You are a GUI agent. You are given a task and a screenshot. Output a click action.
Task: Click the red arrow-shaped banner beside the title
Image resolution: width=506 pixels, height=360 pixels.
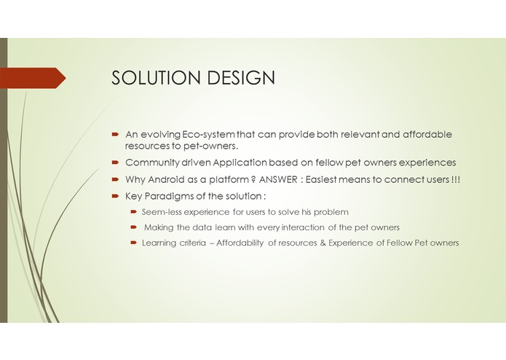coord(33,78)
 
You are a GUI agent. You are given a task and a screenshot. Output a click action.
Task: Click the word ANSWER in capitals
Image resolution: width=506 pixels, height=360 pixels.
coord(285,179)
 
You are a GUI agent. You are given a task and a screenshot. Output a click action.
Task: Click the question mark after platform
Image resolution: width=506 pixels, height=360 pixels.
coord(252,179)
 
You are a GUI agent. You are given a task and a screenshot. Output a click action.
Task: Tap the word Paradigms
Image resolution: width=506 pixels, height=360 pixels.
coord(170,197)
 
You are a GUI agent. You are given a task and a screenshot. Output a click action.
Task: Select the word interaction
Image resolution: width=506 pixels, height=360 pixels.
coord(290,227)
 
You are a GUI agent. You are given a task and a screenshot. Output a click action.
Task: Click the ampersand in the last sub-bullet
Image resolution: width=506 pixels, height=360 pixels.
coord(320,243)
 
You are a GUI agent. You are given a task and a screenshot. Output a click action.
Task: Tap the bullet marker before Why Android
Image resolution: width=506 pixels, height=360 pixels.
coord(115,180)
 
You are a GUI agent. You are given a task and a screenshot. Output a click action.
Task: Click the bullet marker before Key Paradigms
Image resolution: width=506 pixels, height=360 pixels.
coord(115,197)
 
